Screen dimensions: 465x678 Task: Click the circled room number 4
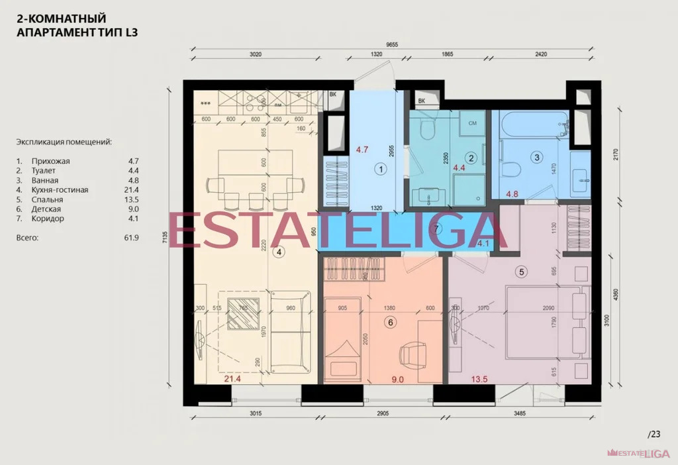pos(279,252)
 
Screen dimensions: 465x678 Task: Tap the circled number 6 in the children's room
pos(390,322)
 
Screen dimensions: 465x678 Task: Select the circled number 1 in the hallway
pos(380,169)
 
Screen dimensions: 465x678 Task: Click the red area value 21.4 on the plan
pos(232,379)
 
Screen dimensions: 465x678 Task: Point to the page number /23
pos(654,435)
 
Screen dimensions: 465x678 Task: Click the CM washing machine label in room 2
pos(472,124)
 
